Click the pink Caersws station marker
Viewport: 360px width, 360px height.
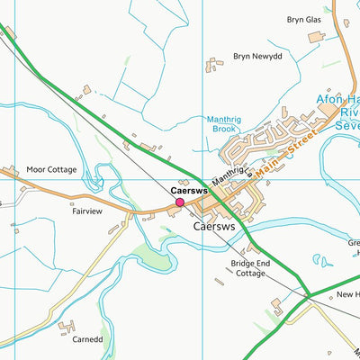point(180,203)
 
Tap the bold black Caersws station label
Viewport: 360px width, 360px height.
point(189,191)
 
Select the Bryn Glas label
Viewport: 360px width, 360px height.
point(303,19)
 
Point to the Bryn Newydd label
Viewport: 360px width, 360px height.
point(257,56)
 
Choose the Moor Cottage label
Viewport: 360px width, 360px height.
point(51,169)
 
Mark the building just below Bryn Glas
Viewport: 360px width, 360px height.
point(316,37)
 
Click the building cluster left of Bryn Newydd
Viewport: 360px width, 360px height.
point(214,64)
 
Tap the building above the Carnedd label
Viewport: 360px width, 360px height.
point(67,327)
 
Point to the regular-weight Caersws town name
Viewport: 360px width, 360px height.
point(214,228)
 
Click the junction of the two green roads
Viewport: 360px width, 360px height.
point(308,294)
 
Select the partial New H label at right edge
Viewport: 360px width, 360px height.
point(347,295)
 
